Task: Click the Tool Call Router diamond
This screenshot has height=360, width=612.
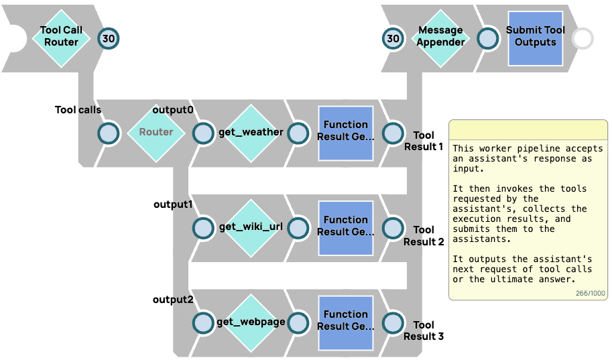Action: coord(61,38)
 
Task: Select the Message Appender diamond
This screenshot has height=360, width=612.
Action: coord(440,38)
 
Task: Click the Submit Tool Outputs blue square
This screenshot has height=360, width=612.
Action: coord(535,38)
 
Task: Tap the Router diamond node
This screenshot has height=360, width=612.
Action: coord(156,133)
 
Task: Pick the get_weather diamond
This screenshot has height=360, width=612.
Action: coord(251,133)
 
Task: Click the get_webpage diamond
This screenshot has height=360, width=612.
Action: coord(251,322)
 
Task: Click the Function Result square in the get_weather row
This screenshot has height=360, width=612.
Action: coord(345,133)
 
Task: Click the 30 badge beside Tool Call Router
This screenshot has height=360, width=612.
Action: coord(109,39)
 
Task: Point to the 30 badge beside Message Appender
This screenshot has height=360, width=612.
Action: coord(393,39)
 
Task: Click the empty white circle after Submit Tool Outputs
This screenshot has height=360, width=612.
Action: coord(583,39)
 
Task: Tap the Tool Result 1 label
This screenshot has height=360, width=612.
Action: coord(424,141)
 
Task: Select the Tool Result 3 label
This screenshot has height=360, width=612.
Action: coord(424,331)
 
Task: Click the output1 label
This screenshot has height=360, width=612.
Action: coord(173,204)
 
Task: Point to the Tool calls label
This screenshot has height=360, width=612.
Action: coord(78,110)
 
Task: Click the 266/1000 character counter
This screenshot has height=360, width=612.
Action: coord(590,294)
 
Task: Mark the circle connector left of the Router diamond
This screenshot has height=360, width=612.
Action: coord(108,133)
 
